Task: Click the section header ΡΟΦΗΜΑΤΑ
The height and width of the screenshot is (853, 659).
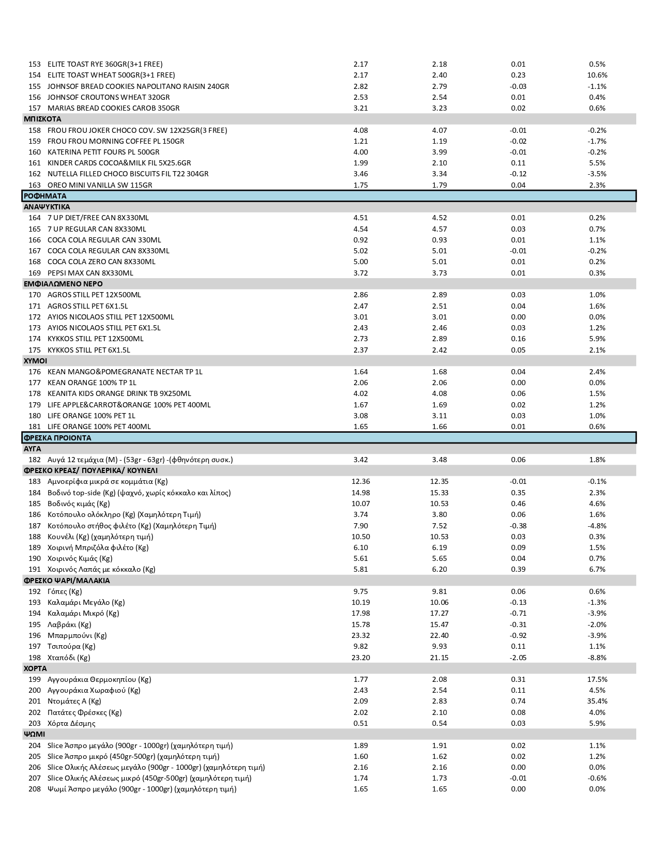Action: (45, 196)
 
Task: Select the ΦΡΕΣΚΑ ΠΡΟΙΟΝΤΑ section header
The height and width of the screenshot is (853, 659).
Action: (57, 438)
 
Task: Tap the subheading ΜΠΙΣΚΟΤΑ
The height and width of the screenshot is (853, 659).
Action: (42, 119)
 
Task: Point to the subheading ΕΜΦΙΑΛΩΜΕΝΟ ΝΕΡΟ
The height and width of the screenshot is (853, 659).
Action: (63, 284)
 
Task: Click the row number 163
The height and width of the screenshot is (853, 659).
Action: (35, 185)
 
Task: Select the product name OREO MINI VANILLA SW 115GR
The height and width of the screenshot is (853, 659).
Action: (100, 185)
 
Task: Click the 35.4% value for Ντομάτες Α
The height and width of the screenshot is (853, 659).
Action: (597, 702)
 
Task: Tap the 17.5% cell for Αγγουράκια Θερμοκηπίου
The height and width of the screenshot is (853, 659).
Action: (597, 679)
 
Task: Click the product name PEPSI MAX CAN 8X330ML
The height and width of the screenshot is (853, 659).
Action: (90, 273)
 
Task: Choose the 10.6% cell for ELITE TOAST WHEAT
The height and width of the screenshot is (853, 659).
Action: (597, 75)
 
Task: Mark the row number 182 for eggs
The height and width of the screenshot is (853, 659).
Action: (35, 460)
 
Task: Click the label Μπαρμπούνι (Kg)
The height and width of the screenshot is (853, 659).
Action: (77, 635)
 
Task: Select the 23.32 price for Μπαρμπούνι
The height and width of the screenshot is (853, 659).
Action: (360, 635)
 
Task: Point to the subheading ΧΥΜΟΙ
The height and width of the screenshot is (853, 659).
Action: (35, 361)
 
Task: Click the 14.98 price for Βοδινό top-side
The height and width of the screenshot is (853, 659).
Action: (360, 493)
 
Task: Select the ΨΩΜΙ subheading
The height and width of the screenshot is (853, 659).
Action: (34, 735)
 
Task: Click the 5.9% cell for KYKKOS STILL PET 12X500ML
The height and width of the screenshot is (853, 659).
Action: (597, 339)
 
